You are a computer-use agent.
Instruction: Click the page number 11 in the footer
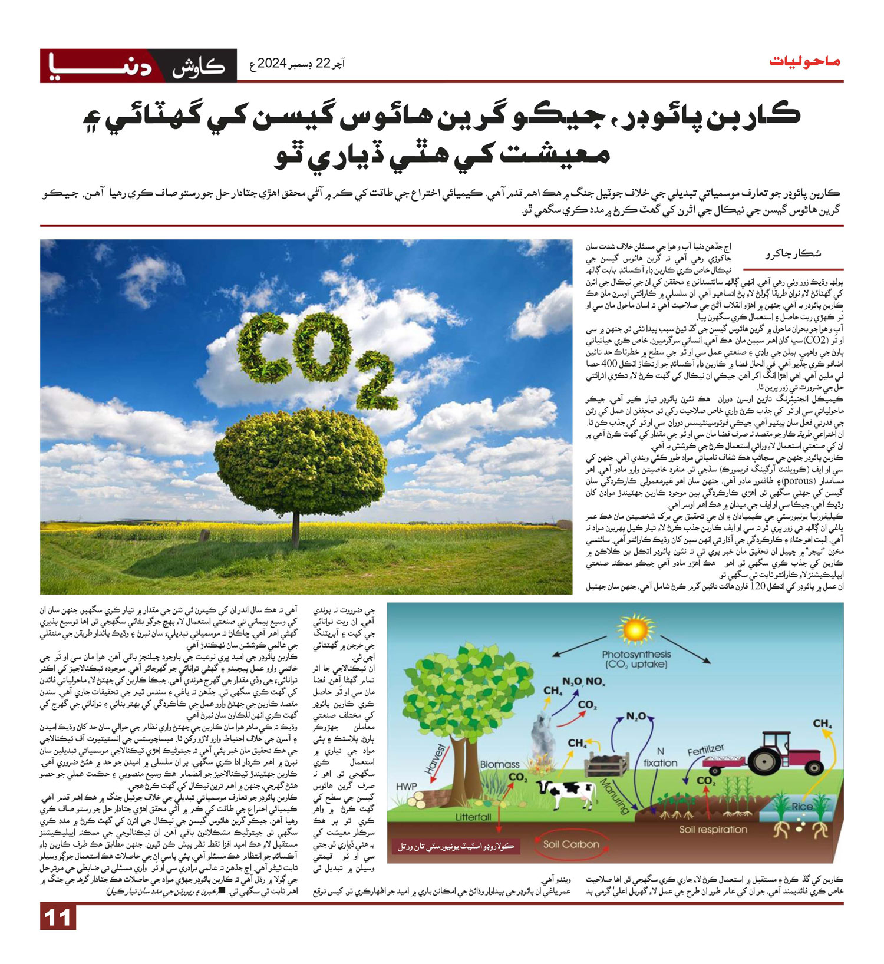(x=58, y=918)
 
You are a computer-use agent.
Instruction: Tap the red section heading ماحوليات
(x=805, y=61)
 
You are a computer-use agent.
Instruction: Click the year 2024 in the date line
(x=272, y=63)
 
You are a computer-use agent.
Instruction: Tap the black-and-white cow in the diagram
(x=566, y=793)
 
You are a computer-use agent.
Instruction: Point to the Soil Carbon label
(x=571, y=844)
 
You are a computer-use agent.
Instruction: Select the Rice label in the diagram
(x=802, y=806)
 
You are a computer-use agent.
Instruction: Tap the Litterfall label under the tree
(x=473, y=817)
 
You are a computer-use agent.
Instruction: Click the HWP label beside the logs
(x=407, y=786)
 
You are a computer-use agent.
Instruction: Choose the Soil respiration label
(x=713, y=829)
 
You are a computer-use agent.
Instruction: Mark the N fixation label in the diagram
(x=660, y=757)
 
